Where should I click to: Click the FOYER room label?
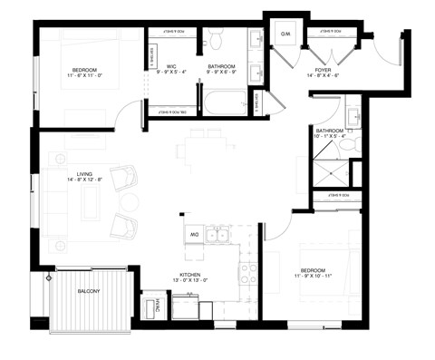pos(322,70)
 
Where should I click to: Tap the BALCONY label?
pos(89,290)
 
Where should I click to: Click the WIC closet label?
pos(170,66)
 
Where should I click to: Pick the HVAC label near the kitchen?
pos(156,306)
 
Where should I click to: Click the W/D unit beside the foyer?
pos(285,35)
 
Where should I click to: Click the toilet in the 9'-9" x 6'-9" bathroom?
pos(216,38)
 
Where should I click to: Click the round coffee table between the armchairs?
pos(130,200)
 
